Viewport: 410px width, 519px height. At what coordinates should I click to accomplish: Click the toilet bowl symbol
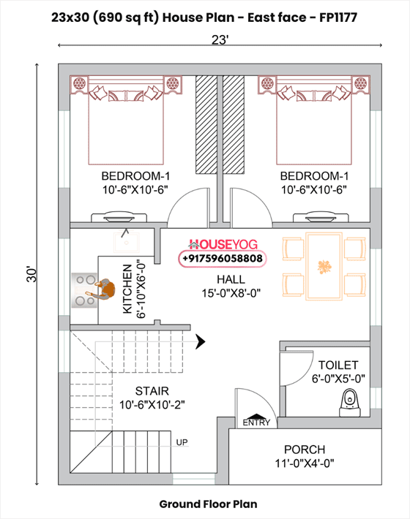pyautogui.click(x=350, y=403)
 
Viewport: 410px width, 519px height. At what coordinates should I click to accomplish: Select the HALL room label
pyautogui.click(x=231, y=279)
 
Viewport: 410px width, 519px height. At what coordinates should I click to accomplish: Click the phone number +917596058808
pyautogui.click(x=223, y=258)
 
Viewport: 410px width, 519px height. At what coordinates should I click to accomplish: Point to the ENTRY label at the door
pyautogui.click(x=256, y=423)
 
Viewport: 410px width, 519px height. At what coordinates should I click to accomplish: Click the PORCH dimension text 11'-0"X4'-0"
pyautogui.click(x=305, y=463)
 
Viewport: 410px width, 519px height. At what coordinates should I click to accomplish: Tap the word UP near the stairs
pyautogui.click(x=182, y=442)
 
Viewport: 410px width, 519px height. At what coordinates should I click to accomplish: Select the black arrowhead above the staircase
pyautogui.click(x=201, y=341)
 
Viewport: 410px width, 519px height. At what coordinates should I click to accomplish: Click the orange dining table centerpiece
pyautogui.click(x=324, y=267)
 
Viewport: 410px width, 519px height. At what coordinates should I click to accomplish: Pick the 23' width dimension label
pyautogui.click(x=220, y=40)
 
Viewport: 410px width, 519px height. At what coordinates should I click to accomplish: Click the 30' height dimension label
pyautogui.click(x=31, y=274)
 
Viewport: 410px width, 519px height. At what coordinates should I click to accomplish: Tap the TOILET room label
pyautogui.click(x=338, y=365)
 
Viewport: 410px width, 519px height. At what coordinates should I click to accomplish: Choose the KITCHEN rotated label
pyautogui.click(x=127, y=289)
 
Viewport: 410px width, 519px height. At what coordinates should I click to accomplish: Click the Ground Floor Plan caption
pyautogui.click(x=208, y=504)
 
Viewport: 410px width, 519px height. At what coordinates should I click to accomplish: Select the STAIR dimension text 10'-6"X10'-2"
pyautogui.click(x=152, y=404)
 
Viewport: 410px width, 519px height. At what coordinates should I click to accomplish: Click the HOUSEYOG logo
pyautogui.click(x=223, y=245)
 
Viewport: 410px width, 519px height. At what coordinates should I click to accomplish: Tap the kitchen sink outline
pyautogui.click(x=126, y=243)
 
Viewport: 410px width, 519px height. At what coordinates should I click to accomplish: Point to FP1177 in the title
pyautogui.click(x=338, y=18)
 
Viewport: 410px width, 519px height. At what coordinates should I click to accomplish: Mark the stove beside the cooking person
pyautogui.click(x=84, y=290)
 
